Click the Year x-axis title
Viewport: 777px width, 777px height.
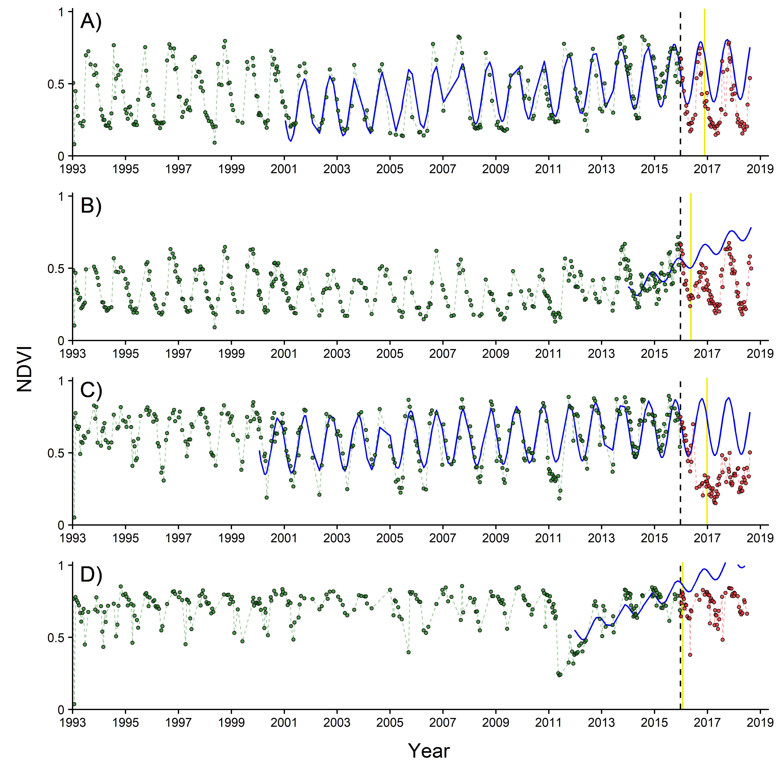coord(429,750)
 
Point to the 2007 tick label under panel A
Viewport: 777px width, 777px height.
coord(442,169)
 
